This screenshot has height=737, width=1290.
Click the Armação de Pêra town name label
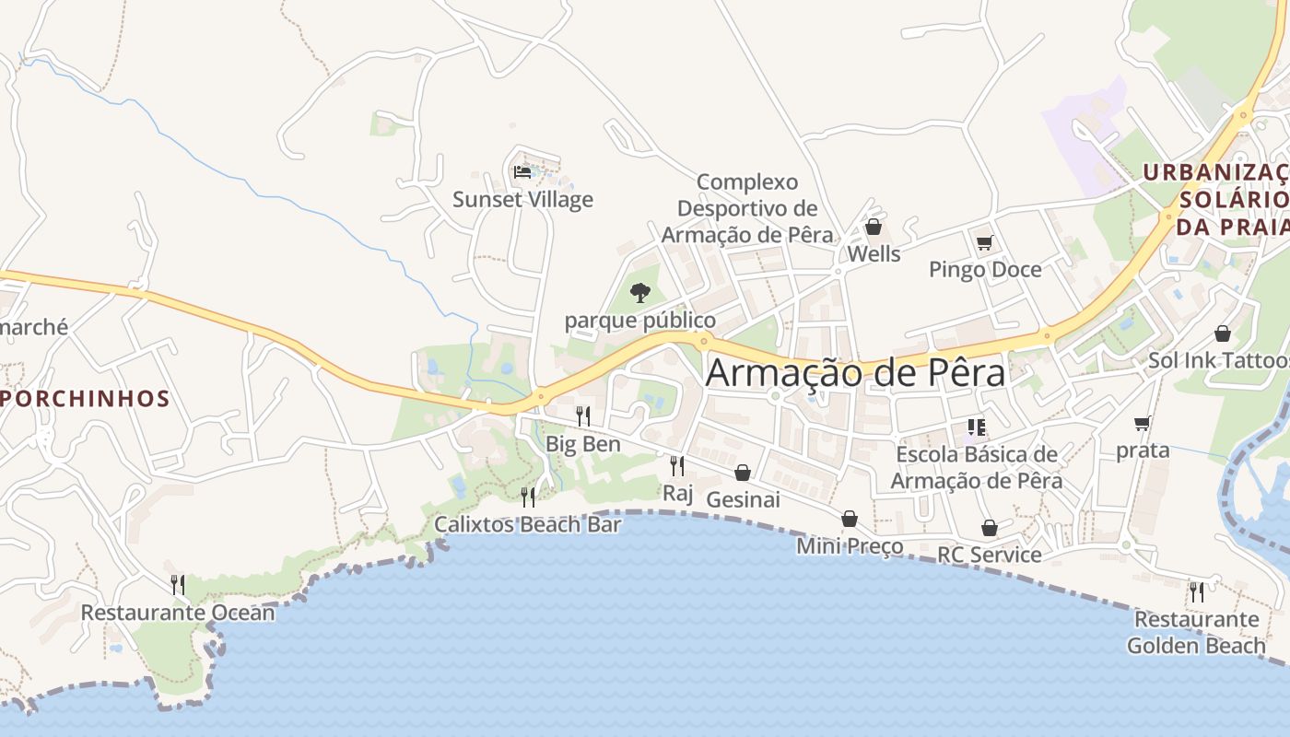point(856,373)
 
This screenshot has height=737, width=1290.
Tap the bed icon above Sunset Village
point(522,171)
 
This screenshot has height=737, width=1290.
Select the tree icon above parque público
point(639,293)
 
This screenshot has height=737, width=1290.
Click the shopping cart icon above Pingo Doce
point(985,242)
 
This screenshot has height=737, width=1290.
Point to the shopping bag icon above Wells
point(874,227)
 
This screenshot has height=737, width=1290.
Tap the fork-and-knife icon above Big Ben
point(582,416)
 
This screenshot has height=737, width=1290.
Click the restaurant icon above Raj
point(677,465)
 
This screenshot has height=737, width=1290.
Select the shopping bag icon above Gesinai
point(743,473)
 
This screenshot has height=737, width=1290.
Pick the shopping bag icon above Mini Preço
point(850,519)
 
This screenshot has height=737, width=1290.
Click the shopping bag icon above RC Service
point(990,528)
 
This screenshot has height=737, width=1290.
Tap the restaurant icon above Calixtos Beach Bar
point(528,497)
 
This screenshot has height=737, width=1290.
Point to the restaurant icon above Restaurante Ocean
point(178,584)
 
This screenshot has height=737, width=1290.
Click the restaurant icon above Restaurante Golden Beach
point(1196,591)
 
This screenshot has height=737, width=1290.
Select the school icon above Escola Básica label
point(977,427)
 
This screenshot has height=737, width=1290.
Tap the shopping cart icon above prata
point(1143,424)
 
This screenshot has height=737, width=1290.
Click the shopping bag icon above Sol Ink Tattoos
point(1223,333)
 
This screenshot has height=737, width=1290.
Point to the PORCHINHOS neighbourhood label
point(85,399)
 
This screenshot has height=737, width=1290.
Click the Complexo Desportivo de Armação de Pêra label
point(747,208)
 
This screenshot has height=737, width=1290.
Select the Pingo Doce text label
point(985,270)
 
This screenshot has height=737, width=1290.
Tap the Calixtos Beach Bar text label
point(528,525)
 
